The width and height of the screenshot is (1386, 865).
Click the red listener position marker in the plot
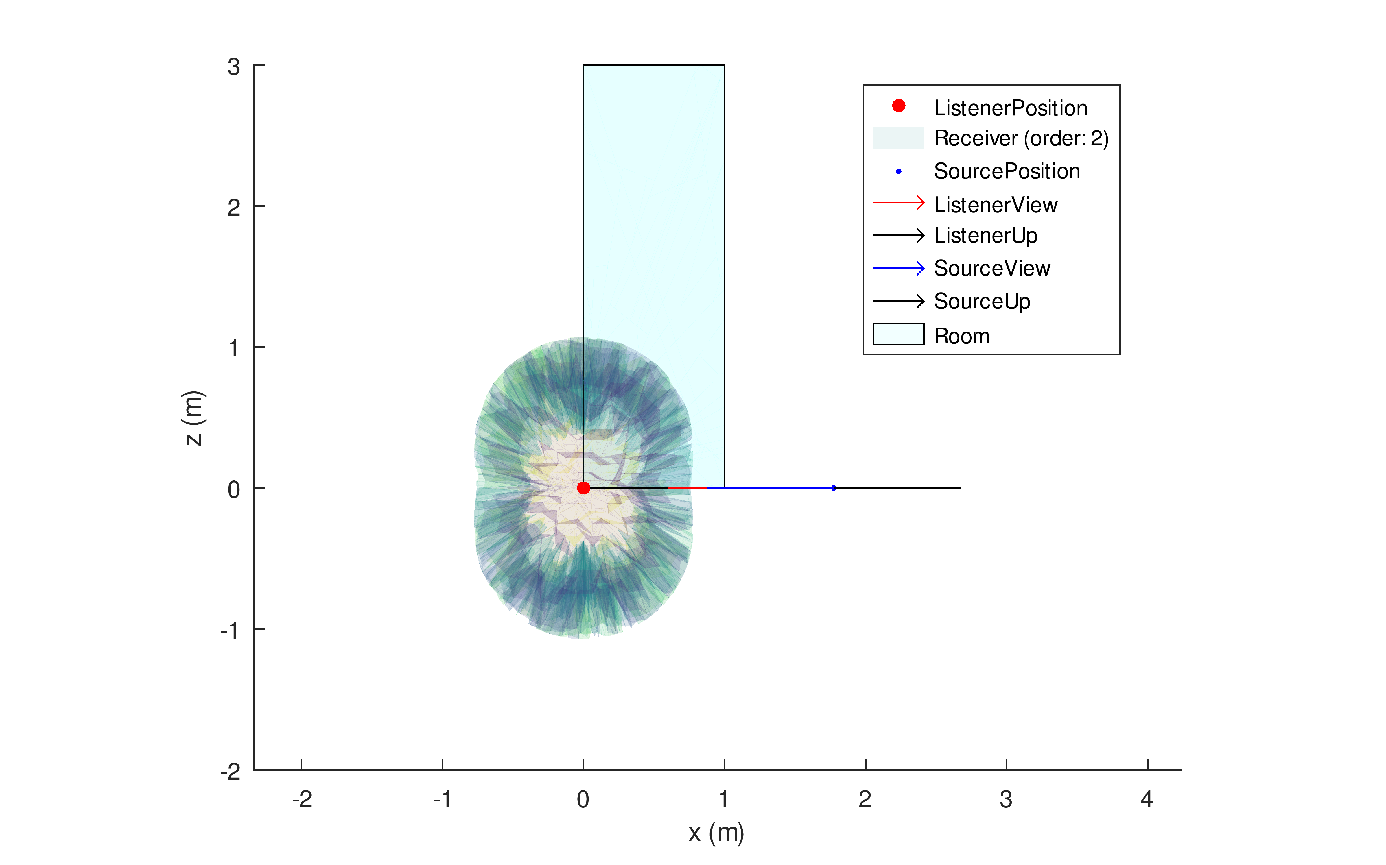click(x=583, y=488)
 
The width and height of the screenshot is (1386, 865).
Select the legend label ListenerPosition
click(x=1010, y=108)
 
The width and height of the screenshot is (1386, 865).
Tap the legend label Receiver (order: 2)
click(x=1021, y=138)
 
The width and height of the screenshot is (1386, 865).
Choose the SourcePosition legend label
click(x=1007, y=171)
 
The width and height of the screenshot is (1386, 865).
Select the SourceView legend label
click(x=992, y=268)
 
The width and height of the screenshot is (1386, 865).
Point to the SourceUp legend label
click(x=982, y=302)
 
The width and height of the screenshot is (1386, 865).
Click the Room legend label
click(x=961, y=336)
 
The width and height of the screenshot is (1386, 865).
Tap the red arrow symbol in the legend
click(x=898, y=203)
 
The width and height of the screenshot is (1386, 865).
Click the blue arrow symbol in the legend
click(x=898, y=268)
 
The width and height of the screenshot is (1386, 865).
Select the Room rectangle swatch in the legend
click(x=898, y=334)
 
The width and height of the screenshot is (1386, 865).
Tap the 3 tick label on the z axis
click(x=233, y=67)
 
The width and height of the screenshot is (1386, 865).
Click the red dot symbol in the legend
click(x=898, y=106)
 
